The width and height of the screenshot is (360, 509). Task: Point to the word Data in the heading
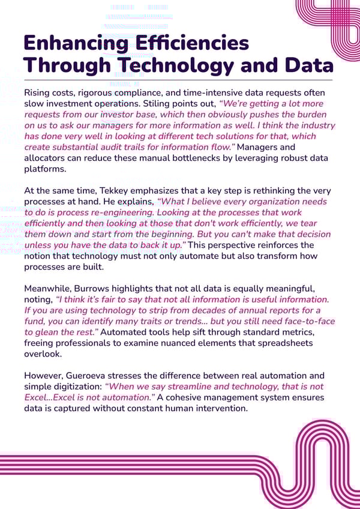pos(303,65)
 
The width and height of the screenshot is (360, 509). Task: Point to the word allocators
pos(50,158)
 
